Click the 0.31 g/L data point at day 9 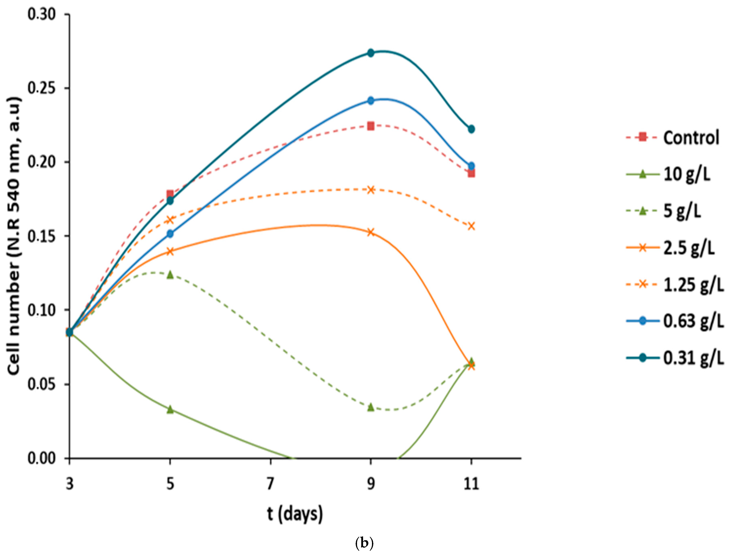(371, 53)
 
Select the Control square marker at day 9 (371, 126)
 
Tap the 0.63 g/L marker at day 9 (371, 100)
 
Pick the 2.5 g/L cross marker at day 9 (371, 232)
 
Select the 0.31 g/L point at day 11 (471, 129)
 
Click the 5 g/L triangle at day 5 (170, 275)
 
